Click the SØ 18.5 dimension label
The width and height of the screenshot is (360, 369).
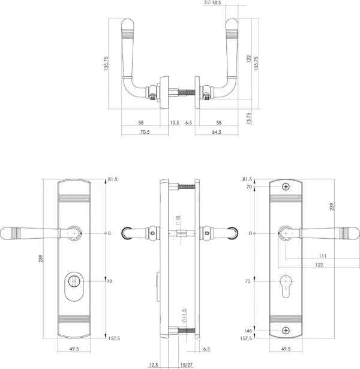click(212, 2)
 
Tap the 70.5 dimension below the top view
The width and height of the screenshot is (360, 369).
click(145, 132)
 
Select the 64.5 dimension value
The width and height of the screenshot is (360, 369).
click(217, 132)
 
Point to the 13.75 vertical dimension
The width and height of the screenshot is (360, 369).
click(249, 118)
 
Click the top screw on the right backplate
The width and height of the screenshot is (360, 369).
click(286, 187)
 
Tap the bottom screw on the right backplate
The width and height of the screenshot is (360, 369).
click(286, 331)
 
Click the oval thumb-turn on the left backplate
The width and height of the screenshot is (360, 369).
click(74, 286)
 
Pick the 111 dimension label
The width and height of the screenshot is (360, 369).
click(323, 256)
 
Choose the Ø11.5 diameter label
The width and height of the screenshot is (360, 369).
click(184, 316)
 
